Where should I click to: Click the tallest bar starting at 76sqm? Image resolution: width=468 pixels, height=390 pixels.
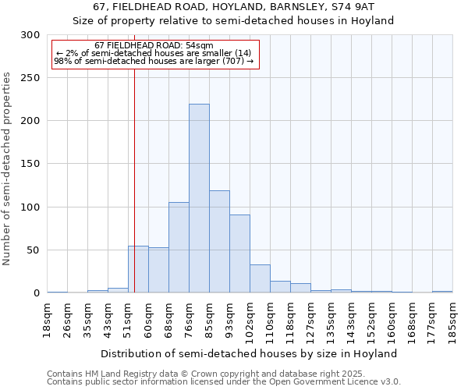(x=199, y=199)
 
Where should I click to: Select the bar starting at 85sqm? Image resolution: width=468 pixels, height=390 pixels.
(x=219, y=242)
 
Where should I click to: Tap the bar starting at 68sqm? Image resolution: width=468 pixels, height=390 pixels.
(x=179, y=247)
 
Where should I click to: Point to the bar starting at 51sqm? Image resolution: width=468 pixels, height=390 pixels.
(x=138, y=270)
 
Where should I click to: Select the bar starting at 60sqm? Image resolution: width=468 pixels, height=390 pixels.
(x=158, y=271)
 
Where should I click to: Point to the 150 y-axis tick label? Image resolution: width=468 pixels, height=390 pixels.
(x=30, y=164)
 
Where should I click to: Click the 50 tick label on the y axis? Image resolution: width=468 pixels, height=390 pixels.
(x=33, y=250)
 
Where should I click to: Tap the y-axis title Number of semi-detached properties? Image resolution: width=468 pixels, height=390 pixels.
(x=8, y=168)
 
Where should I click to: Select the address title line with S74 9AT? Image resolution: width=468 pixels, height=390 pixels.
(x=233, y=7)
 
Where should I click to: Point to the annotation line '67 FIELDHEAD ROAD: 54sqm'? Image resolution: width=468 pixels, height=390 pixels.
(x=154, y=46)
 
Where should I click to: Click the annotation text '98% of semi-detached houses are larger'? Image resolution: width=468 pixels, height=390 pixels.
(x=154, y=61)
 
